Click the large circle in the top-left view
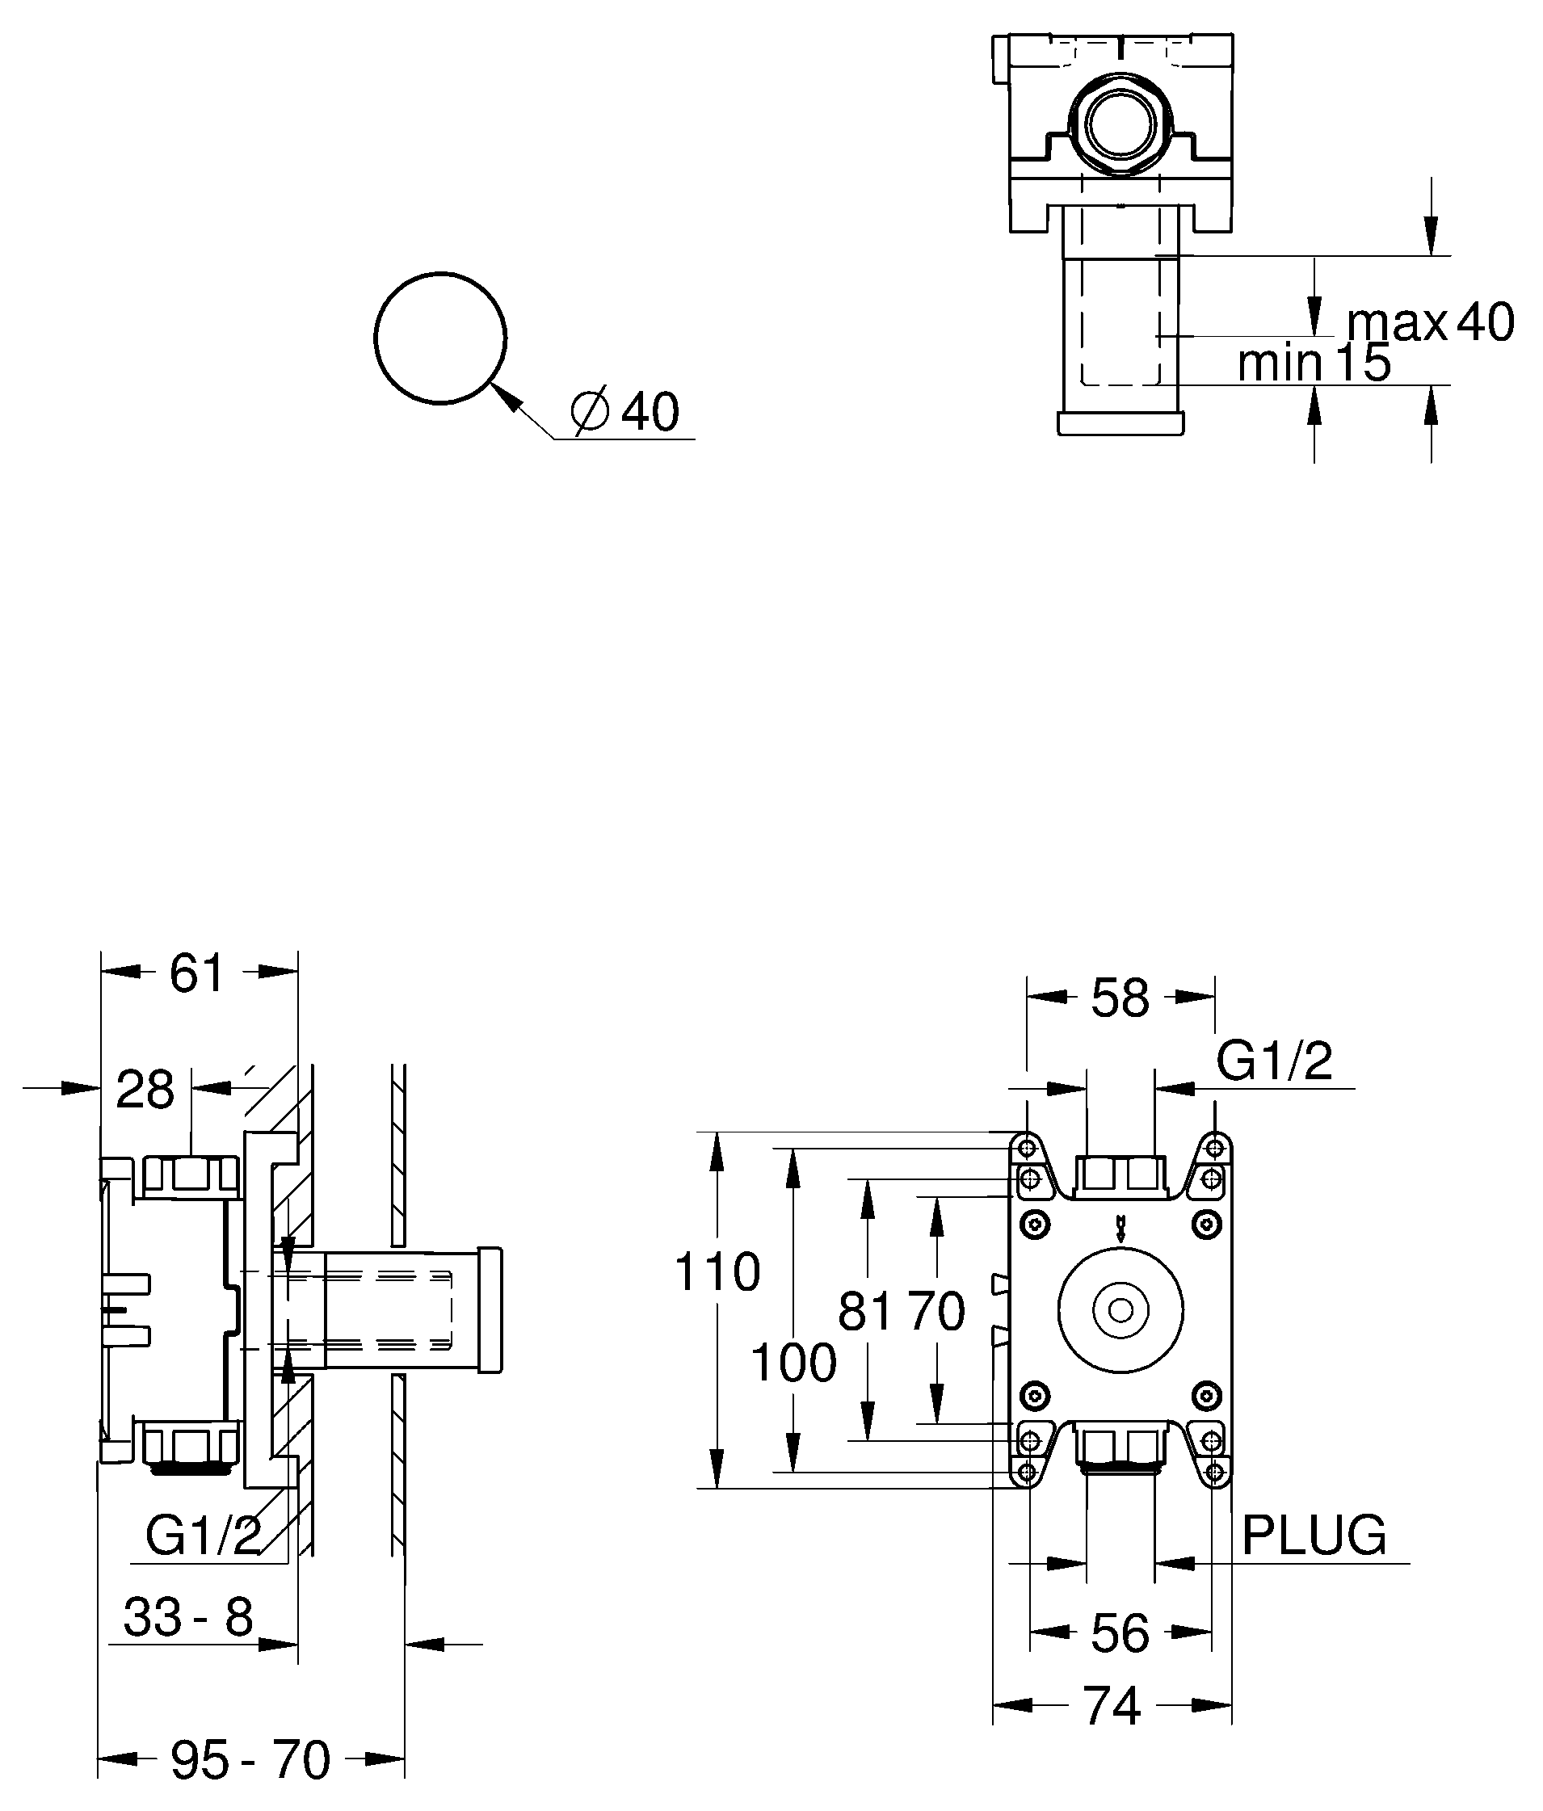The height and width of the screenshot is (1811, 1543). (x=440, y=338)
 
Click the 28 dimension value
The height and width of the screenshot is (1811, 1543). (x=145, y=1090)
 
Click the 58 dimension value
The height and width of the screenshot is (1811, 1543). (x=1120, y=998)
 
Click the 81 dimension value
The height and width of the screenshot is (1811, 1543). (x=865, y=1311)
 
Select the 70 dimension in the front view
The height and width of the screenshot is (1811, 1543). (x=935, y=1311)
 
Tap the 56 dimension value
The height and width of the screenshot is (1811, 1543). (x=1120, y=1633)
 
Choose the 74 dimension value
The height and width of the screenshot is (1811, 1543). (x=1112, y=1705)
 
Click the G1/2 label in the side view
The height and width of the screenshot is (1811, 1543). (x=203, y=1535)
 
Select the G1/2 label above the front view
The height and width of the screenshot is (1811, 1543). (x=1274, y=1061)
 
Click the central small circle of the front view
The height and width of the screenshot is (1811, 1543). (x=1120, y=1311)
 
